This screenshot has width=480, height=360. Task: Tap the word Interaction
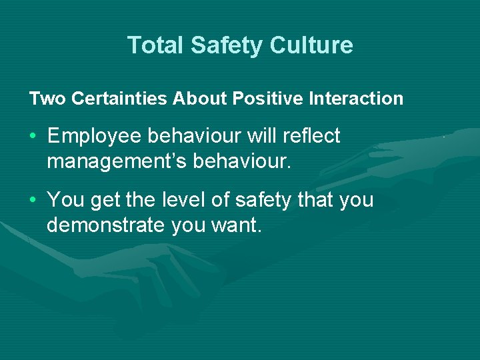point(356,99)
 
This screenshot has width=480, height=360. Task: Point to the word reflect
point(311,136)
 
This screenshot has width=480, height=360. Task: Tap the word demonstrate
point(106,225)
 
